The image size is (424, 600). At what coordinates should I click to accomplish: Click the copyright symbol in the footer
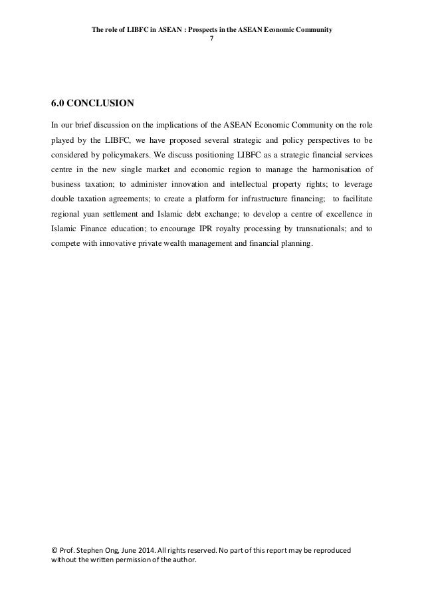[54, 551]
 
